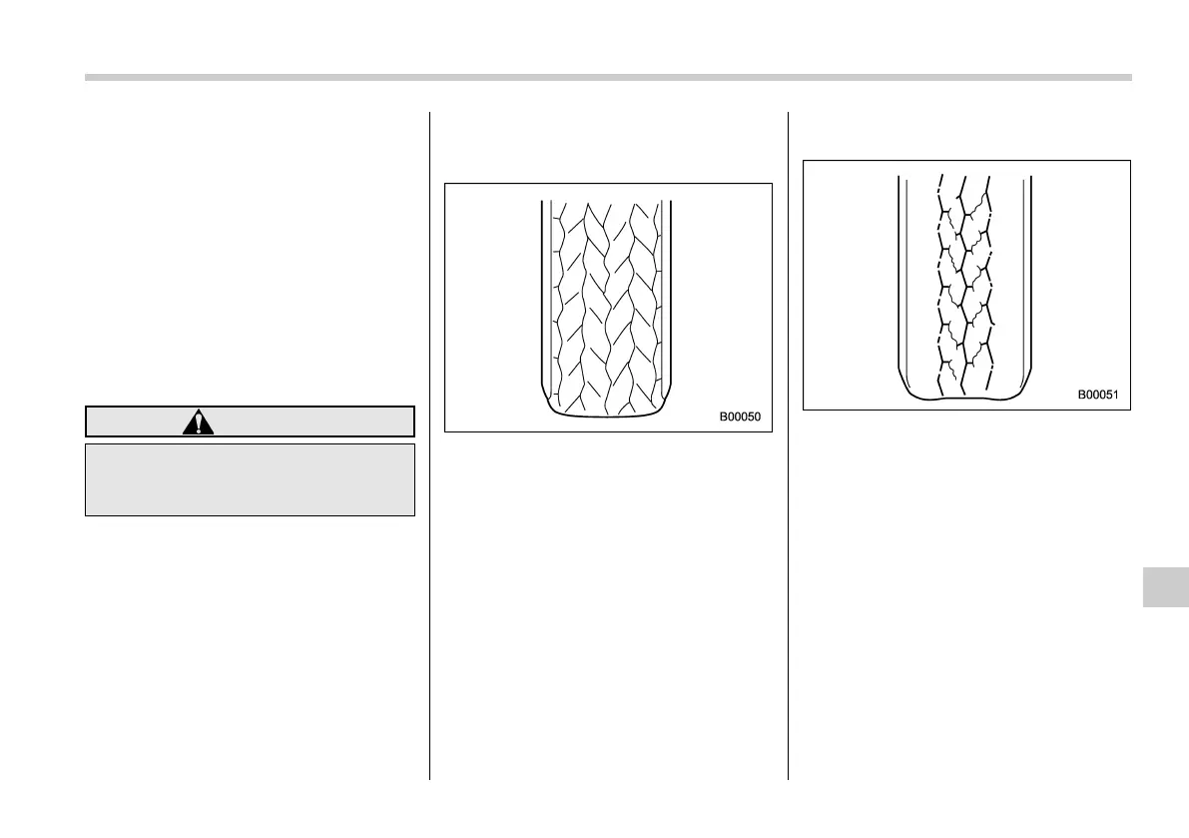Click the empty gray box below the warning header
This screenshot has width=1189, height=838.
250,479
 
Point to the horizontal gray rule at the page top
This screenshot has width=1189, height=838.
608,77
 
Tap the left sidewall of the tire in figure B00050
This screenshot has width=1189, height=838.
546,300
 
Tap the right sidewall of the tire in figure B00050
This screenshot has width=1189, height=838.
666,300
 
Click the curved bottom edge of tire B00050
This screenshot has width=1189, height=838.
606,414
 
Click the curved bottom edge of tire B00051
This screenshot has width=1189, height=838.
965,398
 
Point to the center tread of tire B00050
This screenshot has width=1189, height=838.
606,300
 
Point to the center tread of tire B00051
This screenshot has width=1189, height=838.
964,280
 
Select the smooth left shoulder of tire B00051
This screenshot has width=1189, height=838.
919,280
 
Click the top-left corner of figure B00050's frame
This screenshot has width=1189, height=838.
445,184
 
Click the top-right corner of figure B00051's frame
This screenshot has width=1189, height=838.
1130,161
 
